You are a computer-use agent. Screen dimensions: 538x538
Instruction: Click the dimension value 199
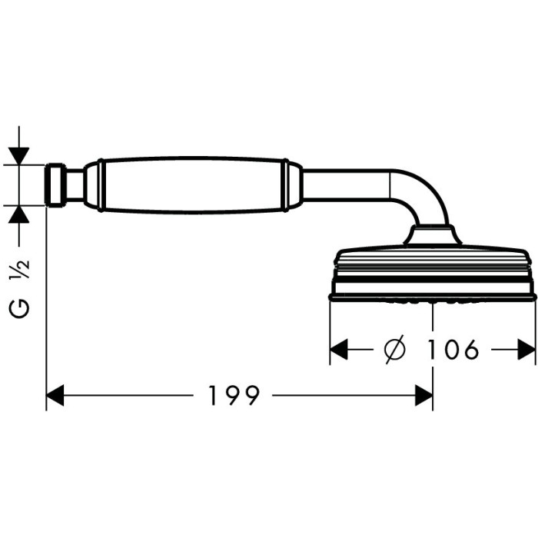point(234,395)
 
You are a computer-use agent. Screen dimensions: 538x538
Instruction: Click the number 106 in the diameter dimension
point(453,350)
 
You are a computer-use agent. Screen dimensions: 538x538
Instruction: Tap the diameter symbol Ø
point(394,350)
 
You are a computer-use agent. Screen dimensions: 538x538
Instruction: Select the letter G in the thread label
point(19,308)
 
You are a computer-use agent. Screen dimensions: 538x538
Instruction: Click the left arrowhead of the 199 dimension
point(55,395)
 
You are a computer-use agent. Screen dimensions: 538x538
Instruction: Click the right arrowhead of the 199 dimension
point(423,395)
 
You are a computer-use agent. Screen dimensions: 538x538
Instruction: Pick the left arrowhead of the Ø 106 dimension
point(339,350)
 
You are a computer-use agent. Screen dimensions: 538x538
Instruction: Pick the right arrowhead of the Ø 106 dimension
point(526,350)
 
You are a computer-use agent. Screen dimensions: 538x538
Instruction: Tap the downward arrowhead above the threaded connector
point(19,156)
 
